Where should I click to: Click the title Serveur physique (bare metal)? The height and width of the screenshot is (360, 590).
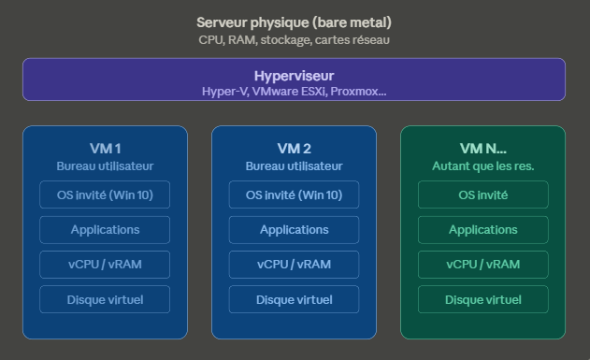point(294,22)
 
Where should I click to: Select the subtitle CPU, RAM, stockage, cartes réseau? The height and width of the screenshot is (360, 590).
point(294,39)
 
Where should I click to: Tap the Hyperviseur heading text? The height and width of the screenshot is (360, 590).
point(294,76)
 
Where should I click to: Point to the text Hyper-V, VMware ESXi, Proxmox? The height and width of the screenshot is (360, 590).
point(294,91)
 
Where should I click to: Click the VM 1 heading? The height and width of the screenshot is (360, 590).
point(105,149)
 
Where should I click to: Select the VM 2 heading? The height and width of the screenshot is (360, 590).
point(294,149)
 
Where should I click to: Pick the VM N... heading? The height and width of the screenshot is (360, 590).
point(482,149)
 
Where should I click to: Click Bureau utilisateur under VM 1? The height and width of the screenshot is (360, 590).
point(105,166)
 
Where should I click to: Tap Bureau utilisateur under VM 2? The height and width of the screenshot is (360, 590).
point(294,166)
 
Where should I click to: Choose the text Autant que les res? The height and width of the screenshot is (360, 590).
point(482,166)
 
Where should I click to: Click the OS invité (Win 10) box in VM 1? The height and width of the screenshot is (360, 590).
point(105,194)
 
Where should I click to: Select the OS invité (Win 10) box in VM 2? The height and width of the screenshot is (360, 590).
point(294,194)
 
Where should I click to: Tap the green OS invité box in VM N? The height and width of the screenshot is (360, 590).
point(482,194)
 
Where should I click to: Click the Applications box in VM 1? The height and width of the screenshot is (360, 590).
point(105,229)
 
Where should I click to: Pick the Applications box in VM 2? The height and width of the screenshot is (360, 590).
point(294,229)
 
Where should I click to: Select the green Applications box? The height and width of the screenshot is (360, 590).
point(482,229)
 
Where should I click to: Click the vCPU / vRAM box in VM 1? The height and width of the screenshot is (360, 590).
point(105,265)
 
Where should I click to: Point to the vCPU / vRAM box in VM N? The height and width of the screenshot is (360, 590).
point(482,265)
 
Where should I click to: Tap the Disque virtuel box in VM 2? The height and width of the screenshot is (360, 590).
point(294,299)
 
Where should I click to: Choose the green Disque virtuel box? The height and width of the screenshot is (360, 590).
point(482,299)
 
